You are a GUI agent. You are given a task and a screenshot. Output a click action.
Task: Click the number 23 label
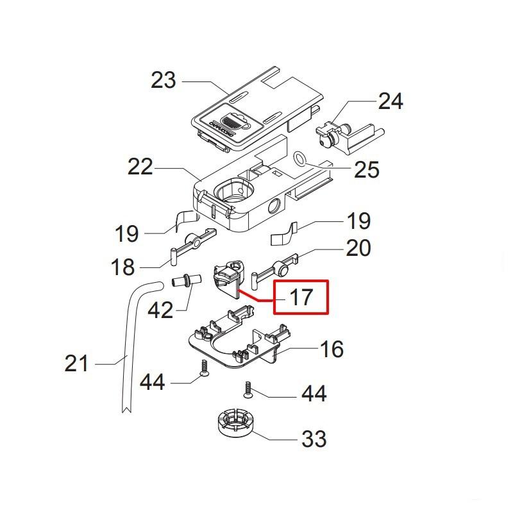(163, 81)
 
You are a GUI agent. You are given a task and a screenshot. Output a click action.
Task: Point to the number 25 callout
(367, 169)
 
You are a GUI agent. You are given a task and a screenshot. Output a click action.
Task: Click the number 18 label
(123, 267)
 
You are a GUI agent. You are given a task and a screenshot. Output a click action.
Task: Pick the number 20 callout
(358, 248)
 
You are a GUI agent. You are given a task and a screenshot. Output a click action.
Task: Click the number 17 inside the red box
(301, 297)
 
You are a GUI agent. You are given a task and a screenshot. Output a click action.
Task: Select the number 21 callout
(77, 364)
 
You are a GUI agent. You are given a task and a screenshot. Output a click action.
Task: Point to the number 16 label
(332, 349)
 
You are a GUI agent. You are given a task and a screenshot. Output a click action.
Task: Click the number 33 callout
(314, 439)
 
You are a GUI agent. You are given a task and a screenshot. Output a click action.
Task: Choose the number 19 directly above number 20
(358, 221)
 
